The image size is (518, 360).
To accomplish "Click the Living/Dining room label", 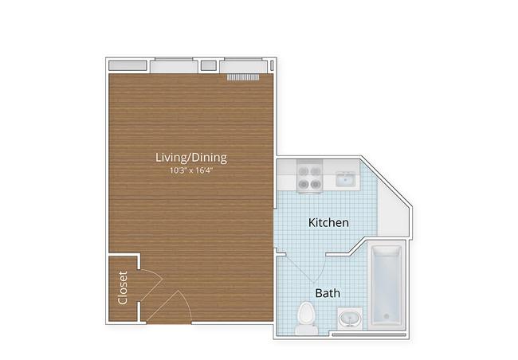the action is (191, 158).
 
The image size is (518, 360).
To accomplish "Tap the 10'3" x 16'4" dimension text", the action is (191, 170).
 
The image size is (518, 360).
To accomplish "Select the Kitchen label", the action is (328, 222).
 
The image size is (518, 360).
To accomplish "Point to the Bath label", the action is (328, 293).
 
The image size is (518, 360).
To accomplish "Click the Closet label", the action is (123, 288).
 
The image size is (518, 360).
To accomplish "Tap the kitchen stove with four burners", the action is (309, 177).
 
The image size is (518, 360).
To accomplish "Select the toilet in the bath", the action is (306, 318).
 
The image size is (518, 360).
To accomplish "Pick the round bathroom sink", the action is (350, 319).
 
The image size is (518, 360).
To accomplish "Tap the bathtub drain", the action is (387, 316).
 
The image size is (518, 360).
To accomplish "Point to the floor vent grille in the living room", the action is (243, 77).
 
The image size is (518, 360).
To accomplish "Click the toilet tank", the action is (306, 329).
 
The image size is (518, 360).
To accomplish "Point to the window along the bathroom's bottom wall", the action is (369, 335).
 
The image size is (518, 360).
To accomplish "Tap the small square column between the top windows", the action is (209, 65).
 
